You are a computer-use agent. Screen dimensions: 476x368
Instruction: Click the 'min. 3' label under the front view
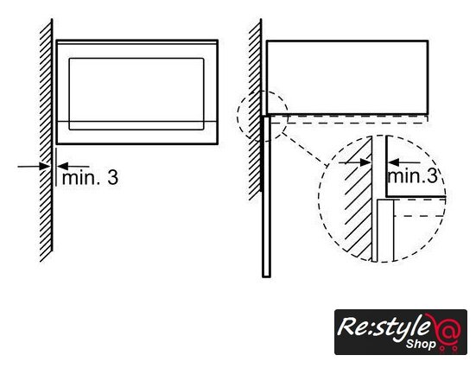pos(90,178)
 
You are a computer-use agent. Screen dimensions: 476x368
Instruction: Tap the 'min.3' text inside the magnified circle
pos(413,175)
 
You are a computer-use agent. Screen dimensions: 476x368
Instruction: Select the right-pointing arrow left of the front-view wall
pos(34,167)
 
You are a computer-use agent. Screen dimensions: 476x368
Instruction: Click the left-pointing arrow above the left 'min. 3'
pos(73,167)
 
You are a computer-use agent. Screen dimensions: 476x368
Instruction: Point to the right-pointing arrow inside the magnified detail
pos(355,162)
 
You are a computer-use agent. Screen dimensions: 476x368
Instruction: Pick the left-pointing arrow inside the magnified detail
pos(403,162)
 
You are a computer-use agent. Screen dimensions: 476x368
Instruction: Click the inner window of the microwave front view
pos(136,94)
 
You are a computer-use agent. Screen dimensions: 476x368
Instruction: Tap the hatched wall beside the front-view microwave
pos(46,140)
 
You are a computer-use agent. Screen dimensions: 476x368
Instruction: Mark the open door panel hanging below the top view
pos(266,196)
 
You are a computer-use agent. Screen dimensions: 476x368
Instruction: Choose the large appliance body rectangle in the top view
pos(347,77)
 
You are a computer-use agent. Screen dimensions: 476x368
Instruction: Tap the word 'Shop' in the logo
pos(421,344)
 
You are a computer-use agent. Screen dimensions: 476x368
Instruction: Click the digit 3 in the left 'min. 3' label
pos(112,178)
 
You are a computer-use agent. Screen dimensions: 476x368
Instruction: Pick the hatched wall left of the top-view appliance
pos(255,110)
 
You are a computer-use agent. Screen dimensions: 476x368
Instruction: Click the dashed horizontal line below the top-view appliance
pos(349,124)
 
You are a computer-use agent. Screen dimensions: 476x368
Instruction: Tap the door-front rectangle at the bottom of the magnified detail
pos(385,230)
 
